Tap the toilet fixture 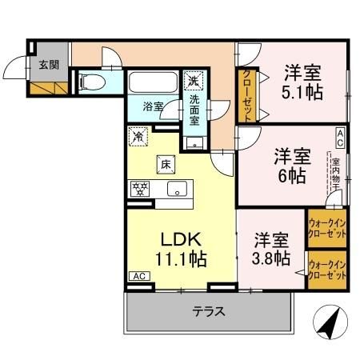[91, 82]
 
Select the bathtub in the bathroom [152, 84]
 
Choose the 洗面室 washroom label [194, 110]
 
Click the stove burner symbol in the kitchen [140, 190]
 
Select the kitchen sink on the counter [177, 190]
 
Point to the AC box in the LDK [138, 276]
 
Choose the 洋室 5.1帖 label [303, 82]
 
